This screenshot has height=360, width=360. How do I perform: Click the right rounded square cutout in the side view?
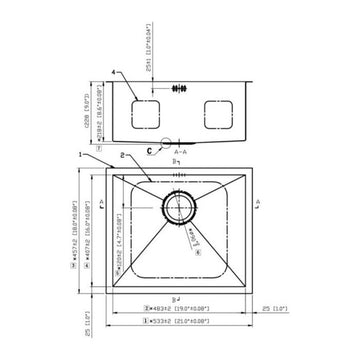coord(218,114)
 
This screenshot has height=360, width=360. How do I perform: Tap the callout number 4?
coord(115,72)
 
